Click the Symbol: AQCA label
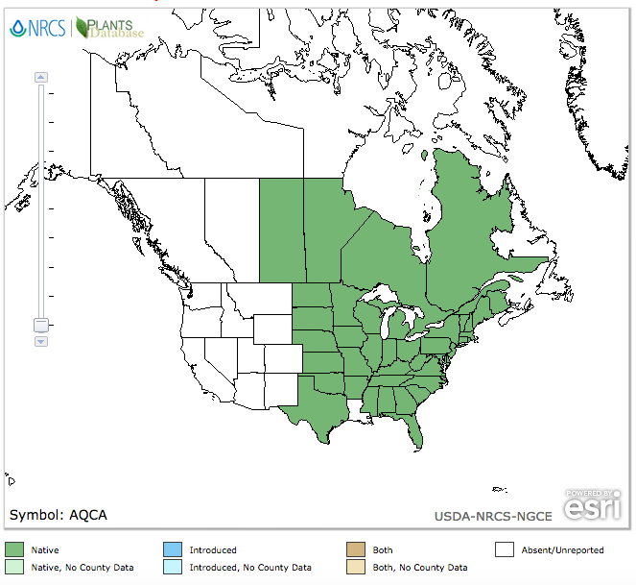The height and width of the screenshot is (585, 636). click(59, 515)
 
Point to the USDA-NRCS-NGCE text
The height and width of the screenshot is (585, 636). click(493, 517)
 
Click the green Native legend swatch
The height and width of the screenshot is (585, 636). click(14, 550)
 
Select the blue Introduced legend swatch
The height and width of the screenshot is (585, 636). click(173, 550)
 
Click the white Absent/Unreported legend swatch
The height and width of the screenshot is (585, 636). click(506, 550)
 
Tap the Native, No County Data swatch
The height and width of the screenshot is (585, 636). click(14, 568)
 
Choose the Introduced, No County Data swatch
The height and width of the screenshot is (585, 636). click(173, 568)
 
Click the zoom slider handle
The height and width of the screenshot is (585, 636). click(41, 325)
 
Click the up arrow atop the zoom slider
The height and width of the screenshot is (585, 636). click(41, 77)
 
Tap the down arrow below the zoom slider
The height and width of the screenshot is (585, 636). click(41, 341)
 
